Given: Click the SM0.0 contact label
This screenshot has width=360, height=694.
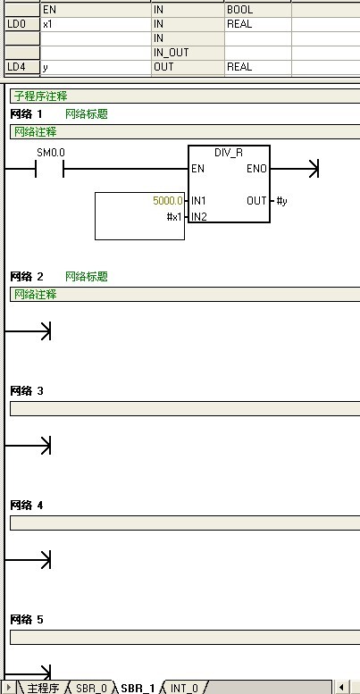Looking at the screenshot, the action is (51, 153).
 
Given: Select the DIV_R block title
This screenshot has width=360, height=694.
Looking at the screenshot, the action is (229, 153).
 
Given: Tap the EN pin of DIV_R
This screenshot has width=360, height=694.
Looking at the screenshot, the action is (198, 169).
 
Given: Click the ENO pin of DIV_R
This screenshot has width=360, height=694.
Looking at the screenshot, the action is (257, 169).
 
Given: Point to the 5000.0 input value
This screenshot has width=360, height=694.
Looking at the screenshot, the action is (168, 201).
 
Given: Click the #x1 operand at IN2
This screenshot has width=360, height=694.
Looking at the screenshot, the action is (175, 217).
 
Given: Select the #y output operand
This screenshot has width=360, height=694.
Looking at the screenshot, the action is (281, 201).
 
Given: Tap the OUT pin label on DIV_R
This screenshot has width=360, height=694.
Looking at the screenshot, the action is (257, 201).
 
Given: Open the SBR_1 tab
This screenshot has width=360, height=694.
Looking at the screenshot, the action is (138, 688).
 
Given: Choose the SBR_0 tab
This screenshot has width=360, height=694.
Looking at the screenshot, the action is (91, 688).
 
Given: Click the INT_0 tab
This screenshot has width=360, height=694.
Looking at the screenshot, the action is (184, 688).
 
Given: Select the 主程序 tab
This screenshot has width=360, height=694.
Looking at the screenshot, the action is (43, 688).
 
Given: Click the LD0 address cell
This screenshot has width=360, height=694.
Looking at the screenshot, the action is (22, 24).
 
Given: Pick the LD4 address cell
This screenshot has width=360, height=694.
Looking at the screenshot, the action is (22, 67).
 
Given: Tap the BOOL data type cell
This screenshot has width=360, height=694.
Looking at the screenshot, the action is (257, 10).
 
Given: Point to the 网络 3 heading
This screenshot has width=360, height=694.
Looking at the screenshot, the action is (27, 391).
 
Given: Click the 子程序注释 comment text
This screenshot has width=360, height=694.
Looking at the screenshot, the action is (41, 96).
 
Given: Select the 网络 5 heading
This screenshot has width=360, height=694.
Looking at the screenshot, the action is (27, 620).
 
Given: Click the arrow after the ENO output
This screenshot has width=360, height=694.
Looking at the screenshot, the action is (295, 169).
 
